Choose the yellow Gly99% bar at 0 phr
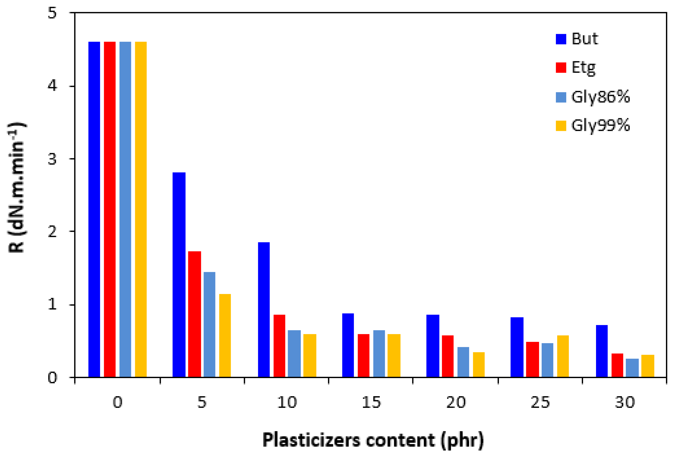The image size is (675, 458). pos(141,209)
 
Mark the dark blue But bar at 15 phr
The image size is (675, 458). pos(348,345)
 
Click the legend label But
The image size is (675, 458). pos(584,39)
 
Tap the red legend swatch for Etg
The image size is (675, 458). pos(561,67)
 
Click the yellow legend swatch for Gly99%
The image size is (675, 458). pos(561,126)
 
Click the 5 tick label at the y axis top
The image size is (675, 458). pos(52,13)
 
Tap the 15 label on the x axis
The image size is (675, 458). pos(371,402)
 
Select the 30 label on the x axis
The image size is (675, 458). pos(625,402)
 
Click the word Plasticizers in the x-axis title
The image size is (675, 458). pos(311,440)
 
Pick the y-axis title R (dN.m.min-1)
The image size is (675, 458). pos(17,189)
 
